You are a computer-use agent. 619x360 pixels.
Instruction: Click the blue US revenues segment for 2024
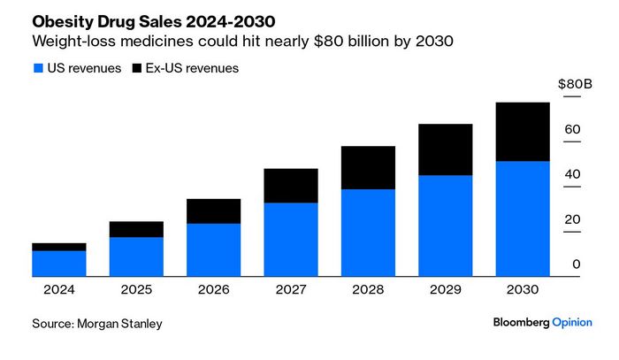pyautogui.click(x=59, y=264)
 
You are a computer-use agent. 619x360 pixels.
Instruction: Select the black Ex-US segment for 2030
pyautogui.click(x=523, y=132)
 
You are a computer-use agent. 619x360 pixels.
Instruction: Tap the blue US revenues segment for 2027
pyautogui.click(x=291, y=240)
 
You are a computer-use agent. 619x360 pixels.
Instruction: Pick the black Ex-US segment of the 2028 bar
pyautogui.click(x=368, y=168)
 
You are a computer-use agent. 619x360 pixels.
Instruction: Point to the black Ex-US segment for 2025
pyautogui.click(x=136, y=229)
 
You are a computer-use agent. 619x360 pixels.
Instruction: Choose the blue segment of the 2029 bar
pyautogui.click(x=445, y=226)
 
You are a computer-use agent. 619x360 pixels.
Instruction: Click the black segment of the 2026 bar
pyautogui.click(x=213, y=211)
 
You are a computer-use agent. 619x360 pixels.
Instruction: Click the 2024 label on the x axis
pyautogui.click(x=59, y=289)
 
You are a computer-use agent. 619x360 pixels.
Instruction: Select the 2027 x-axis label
pyautogui.click(x=291, y=289)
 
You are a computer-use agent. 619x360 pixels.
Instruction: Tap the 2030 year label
pyautogui.click(x=523, y=289)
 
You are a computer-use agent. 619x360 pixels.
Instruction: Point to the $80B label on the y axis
pyautogui.click(x=575, y=84)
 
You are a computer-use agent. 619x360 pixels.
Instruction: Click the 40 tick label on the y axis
pyautogui.click(x=572, y=174)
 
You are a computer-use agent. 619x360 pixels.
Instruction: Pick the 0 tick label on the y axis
pyautogui.click(x=577, y=264)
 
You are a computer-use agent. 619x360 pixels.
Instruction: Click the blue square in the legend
pyautogui.click(x=36, y=68)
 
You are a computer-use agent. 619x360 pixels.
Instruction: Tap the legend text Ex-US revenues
pyautogui.click(x=192, y=68)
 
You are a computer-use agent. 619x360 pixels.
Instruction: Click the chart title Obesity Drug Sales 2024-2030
pyautogui.click(x=140, y=19)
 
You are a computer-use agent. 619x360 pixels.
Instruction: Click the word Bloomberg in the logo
pyautogui.click(x=522, y=324)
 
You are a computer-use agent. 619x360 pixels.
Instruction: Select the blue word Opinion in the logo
pyautogui.click(x=572, y=324)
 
